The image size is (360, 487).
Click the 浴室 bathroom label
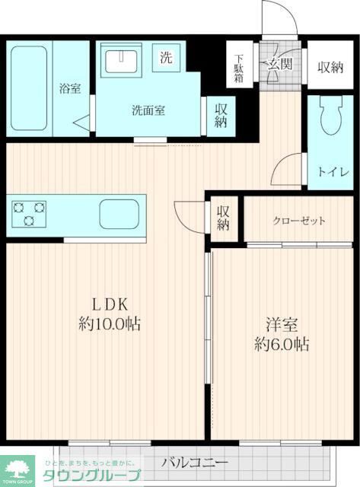pyautogui.click(x=70, y=88)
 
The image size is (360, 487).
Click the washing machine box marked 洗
pyautogui.click(x=166, y=56)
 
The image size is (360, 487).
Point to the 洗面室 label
pyautogui.click(x=148, y=110)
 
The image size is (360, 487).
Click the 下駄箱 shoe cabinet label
pyautogui.click(x=239, y=68)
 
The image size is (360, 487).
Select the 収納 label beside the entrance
pyautogui.click(x=330, y=67)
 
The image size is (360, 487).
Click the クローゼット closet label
pyautogui.click(x=299, y=221)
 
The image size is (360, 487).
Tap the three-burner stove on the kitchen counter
pyautogui.click(x=28, y=212)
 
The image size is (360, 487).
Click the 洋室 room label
pyautogui.click(x=281, y=323)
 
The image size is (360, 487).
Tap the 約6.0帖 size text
pyautogui.click(x=281, y=344)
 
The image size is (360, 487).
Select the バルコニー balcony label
pyautogui.click(x=193, y=462)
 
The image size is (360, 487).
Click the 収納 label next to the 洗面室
pyautogui.click(x=221, y=115)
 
